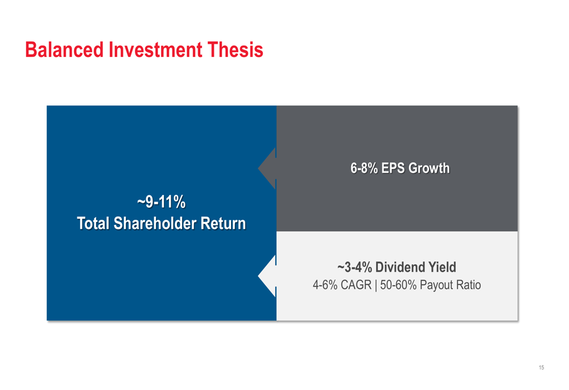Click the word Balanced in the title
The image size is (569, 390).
click(65, 50)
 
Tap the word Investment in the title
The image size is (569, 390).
click(155, 50)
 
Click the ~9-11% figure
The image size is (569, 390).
click(162, 202)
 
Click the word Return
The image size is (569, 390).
click(223, 223)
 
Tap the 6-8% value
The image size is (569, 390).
click(364, 169)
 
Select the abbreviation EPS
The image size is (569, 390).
click(393, 169)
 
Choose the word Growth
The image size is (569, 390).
click(429, 169)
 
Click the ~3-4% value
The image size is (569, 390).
click(354, 267)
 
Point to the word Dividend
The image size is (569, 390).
click(400, 267)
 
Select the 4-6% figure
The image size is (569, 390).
click(325, 285)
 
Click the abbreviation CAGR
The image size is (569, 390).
click(356, 285)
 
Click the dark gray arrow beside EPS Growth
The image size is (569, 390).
click(267, 169)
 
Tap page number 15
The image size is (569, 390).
click(542, 367)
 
